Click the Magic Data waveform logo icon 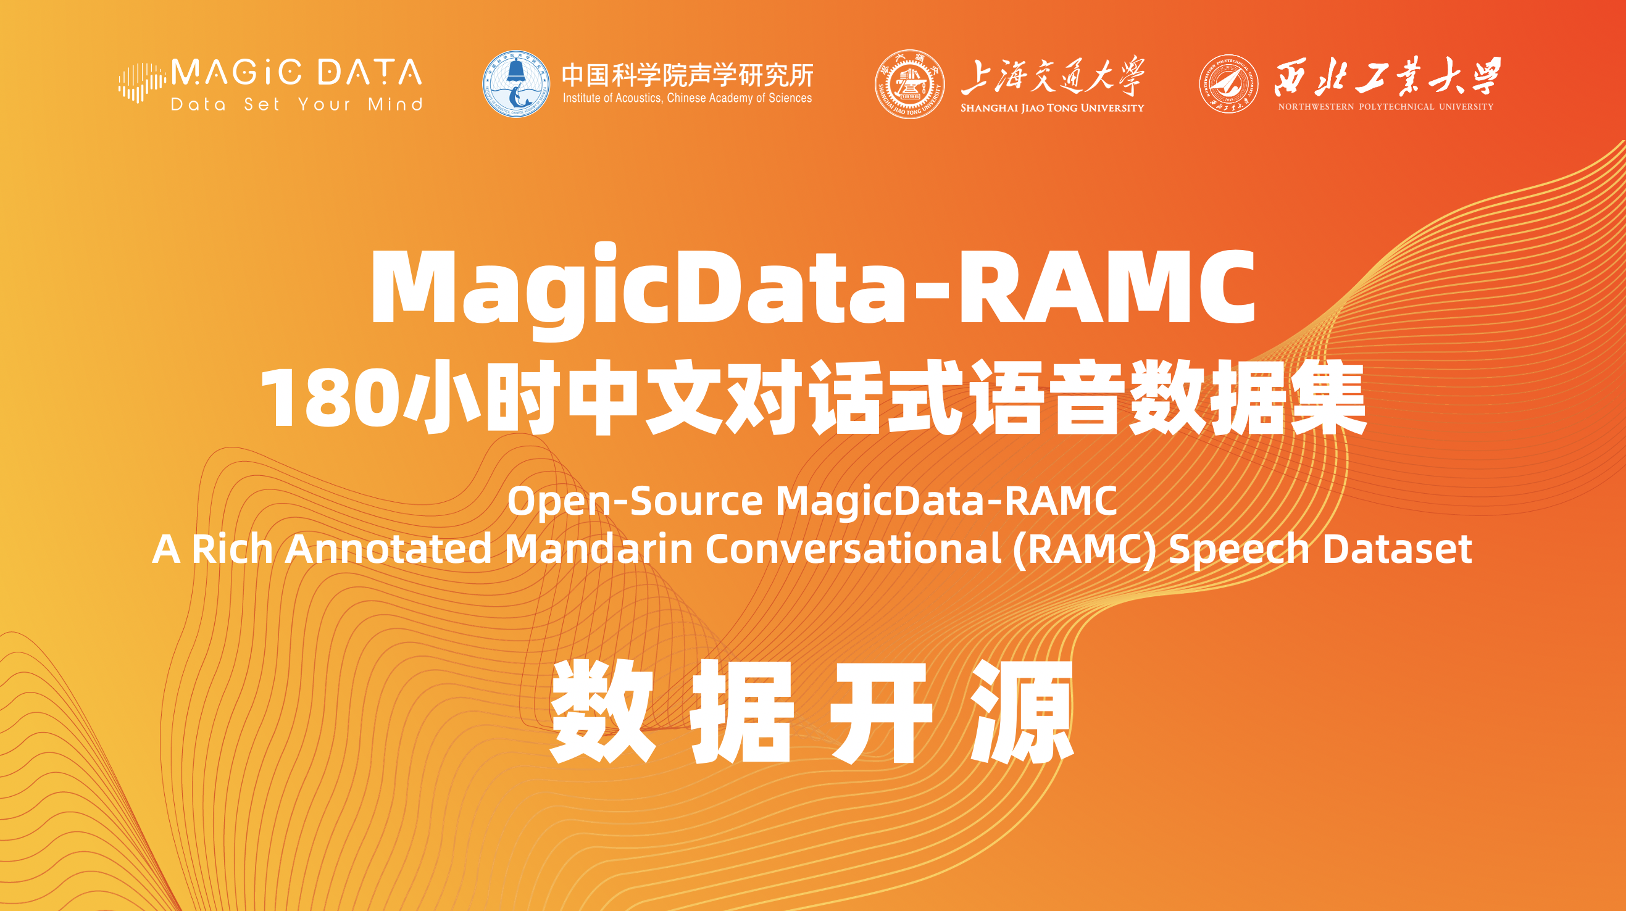click(x=140, y=82)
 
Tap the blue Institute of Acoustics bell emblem click(x=515, y=84)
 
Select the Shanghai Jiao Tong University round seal click(x=909, y=85)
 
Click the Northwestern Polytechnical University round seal click(x=1228, y=85)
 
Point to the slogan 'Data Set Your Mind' click(x=297, y=104)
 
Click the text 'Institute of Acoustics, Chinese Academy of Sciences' click(x=686, y=99)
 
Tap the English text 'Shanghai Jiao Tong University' click(x=1052, y=108)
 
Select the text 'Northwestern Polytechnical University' click(x=1385, y=107)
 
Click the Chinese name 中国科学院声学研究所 click(x=686, y=75)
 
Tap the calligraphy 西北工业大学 click(x=1386, y=77)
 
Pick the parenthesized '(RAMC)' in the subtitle click(x=1085, y=549)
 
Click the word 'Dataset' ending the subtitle click(x=1397, y=549)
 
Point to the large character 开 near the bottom click(x=880, y=712)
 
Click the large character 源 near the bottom click(x=1022, y=712)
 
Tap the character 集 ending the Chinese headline click(x=1328, y=397)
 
